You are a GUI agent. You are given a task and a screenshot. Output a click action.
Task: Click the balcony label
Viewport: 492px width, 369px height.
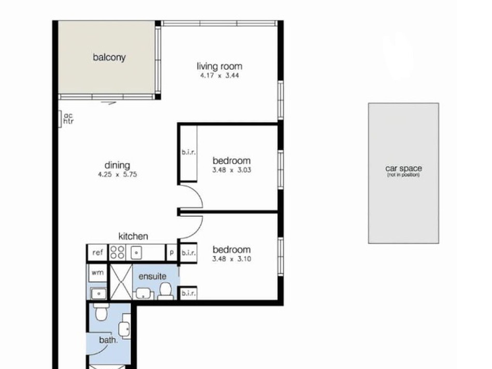pos(109,57)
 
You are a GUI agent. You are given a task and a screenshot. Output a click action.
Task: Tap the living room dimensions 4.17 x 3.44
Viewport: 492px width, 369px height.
pos(220,76)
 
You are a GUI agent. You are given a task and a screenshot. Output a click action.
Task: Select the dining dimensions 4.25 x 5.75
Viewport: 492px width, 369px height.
pos(117,175)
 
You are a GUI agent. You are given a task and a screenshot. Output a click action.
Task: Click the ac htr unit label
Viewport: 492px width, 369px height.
pos(68,118)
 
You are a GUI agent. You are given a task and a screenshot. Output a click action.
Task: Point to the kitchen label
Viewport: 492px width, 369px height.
pos(133,236)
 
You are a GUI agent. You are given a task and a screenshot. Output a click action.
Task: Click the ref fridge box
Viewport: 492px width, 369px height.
pos(98,252)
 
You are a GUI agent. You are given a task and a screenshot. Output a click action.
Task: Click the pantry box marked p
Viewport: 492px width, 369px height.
pos(171,252)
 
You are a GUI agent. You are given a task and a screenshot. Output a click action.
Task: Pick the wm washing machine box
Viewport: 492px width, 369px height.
pos(98,273)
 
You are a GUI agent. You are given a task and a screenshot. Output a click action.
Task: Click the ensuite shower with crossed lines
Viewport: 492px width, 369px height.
pos(121,282)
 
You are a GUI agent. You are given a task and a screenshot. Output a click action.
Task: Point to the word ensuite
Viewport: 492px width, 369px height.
pos(152,277)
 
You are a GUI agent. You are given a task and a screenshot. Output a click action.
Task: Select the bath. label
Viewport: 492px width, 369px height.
pos(108,340)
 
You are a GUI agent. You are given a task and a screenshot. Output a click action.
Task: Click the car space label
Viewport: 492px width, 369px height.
pos(403,169)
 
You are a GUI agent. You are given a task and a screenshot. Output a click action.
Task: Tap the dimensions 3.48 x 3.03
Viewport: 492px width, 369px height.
pos(232,170)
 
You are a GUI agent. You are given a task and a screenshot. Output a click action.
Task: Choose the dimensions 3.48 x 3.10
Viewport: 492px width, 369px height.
pos(232,259)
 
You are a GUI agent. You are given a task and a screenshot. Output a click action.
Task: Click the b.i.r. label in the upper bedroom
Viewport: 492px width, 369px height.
pos(189,153)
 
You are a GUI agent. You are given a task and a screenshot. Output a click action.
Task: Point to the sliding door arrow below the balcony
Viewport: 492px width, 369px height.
pos(108,103)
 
